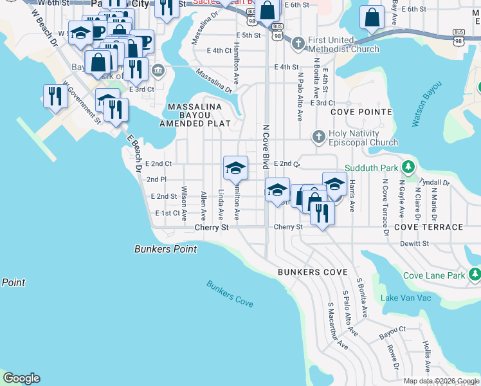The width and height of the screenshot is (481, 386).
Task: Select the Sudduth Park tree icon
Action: pyautogui.click(x=406, y=168)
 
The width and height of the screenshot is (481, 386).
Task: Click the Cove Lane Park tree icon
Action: pyautogui.click(x=475, y=275)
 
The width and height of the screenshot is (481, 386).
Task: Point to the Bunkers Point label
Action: pyautogui.click(x=165, y=249)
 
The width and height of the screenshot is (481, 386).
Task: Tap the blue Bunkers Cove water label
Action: pyautogui.click(x=230, y=293)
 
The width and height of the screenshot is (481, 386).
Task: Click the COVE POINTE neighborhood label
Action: pyautogui.click(x=361, y=112)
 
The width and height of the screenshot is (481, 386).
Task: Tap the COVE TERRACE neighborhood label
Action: pyautogui.click(x=428, y=227)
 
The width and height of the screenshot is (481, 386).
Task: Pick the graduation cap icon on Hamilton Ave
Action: pyautogui.click(x=235, y=168)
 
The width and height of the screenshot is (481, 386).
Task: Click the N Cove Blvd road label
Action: pyautogui.click(x=265, y=147)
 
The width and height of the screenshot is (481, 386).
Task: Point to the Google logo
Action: pyautogui.click(x=21, y=378)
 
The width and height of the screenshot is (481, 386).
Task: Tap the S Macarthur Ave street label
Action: pyautogui.click(x=338, y=326)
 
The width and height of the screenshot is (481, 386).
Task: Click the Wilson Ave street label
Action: pyautogui.click(x=184, y=202)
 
